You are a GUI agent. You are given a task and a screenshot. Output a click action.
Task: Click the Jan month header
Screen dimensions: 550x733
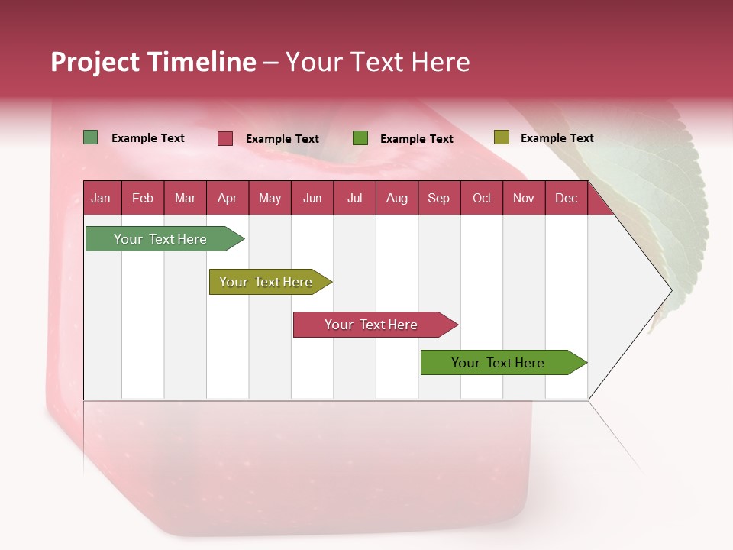click(101, 199)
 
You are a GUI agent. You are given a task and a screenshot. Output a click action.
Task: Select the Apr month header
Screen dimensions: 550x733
click(227, 199)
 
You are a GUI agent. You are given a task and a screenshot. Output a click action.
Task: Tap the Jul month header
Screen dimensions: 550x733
click(354, 199)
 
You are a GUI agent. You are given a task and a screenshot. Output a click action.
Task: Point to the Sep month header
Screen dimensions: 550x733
click(438, 199)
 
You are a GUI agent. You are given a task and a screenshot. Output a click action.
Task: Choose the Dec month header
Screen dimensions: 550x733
click(566, 199)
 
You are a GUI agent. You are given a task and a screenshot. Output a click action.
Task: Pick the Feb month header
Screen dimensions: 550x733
click(143, 199)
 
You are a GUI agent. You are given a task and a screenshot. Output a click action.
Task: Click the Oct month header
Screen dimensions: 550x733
click(482, 199)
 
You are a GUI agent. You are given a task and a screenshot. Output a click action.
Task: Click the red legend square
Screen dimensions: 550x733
click(225, 138)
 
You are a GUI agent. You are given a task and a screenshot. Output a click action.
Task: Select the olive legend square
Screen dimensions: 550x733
click(501, 137)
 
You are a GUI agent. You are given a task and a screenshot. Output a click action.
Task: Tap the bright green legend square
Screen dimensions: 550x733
click(360, 138)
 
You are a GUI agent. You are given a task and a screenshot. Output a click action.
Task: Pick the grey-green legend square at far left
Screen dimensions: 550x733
click(91, 137)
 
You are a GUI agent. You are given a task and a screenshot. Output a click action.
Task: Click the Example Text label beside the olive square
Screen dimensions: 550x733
click(557, 138)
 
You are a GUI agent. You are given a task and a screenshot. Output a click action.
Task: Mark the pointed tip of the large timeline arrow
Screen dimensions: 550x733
click(671, 290)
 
